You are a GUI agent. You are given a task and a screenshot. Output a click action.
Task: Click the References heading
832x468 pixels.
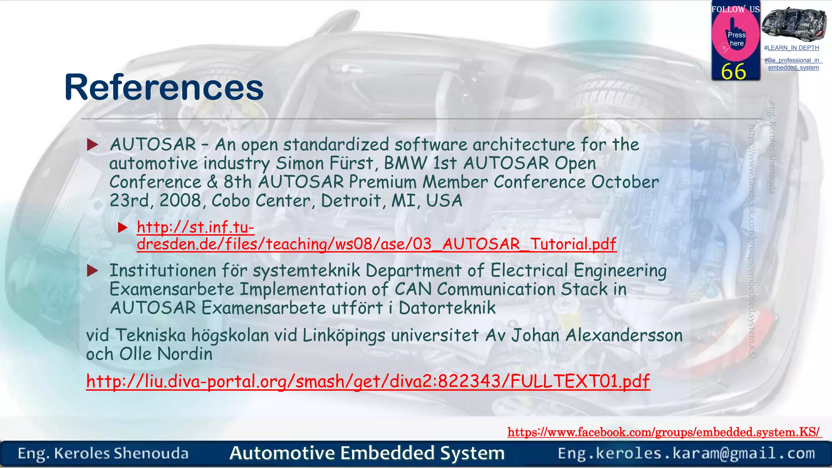(x=164, y=87)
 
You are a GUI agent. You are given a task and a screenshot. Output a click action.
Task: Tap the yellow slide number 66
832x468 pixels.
(x=733, y=72)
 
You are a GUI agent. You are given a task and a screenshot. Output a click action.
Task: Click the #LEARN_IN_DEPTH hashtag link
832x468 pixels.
(x=791, y=48)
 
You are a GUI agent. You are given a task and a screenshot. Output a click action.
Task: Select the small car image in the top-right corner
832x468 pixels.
(x=793, y=24)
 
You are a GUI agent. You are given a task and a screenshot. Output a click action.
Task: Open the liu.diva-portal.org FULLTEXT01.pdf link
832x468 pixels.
(x=368, y=381)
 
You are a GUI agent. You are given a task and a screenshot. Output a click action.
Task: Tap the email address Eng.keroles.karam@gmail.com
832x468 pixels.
(x=686, y=453)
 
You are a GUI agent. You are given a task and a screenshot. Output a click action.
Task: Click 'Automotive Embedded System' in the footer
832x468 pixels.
(x=367, y=453)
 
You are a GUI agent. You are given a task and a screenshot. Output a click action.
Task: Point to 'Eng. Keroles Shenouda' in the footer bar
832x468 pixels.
(x=103, y=453)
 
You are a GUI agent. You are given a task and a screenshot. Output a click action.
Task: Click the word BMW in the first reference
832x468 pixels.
(x=405, y=163)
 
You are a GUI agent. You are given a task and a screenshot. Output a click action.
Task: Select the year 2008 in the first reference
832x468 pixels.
(x=180, y=201)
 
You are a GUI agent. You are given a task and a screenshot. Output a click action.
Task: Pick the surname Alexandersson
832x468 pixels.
(x=624, y=336)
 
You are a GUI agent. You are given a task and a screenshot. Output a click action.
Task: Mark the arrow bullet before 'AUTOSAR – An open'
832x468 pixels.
(x=93, y=145)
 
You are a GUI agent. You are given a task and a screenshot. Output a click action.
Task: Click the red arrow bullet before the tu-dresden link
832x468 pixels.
(x=123, y=227)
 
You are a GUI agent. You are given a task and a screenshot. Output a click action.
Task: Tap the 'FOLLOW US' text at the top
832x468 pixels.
(x=735, y=9)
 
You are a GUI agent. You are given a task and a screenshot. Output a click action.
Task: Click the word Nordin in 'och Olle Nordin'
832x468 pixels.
(x=185, y=354)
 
